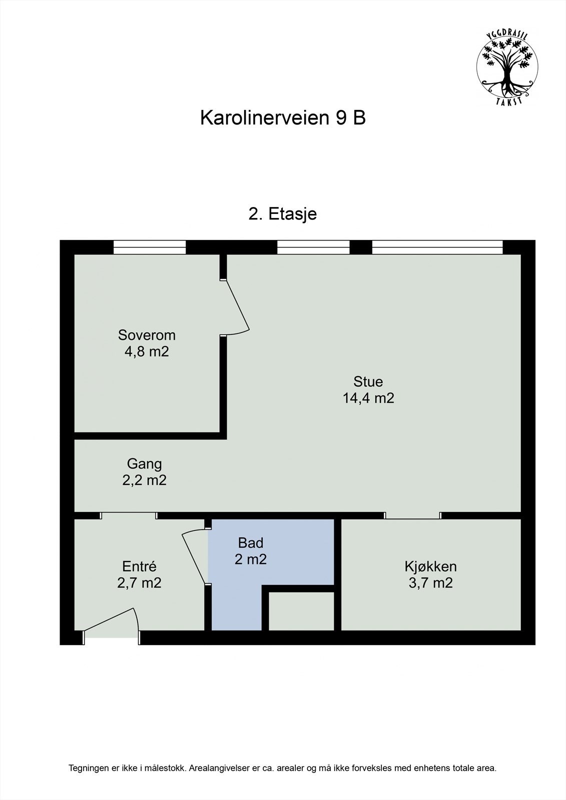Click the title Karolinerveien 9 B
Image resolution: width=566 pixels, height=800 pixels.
point(283,118)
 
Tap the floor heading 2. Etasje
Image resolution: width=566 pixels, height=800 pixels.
point(283,214)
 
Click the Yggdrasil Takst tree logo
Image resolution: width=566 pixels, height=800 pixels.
point(507,67)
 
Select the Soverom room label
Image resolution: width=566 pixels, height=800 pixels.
point(147,334)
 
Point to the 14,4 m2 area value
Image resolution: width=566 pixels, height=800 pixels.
point(368,398)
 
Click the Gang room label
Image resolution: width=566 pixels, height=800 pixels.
point(144,464)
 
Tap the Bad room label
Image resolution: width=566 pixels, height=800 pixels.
point(251,542)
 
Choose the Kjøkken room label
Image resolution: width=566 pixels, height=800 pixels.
point(430,566)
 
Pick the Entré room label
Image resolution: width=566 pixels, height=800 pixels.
point(139,566)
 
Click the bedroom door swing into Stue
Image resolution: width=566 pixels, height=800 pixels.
point(236,307)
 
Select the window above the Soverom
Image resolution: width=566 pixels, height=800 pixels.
point(150,247)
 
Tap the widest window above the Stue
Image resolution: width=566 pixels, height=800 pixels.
point(437,247)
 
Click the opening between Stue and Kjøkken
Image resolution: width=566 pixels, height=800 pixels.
point(413,515)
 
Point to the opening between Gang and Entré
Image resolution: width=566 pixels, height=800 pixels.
point(129,515)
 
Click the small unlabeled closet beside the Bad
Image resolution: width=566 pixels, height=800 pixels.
point(301,611)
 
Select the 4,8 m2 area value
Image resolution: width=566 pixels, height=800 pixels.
point(147,351)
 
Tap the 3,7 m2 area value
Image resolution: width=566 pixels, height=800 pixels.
point(430,583)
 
